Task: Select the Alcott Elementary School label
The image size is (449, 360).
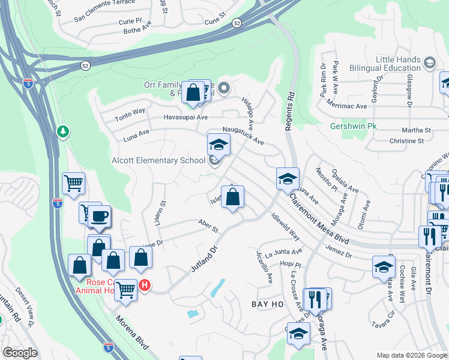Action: click(158, 160)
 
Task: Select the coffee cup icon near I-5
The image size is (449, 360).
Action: click(100, 215)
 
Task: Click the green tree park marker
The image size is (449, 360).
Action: click(63, 131)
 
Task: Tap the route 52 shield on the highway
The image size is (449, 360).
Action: click(237, 23)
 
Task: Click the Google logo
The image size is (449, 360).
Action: click(20, 353)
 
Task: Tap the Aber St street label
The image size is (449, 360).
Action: click(208, 226)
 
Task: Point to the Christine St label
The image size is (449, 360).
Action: click(406, 141)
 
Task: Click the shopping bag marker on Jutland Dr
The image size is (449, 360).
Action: click(233, 197)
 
